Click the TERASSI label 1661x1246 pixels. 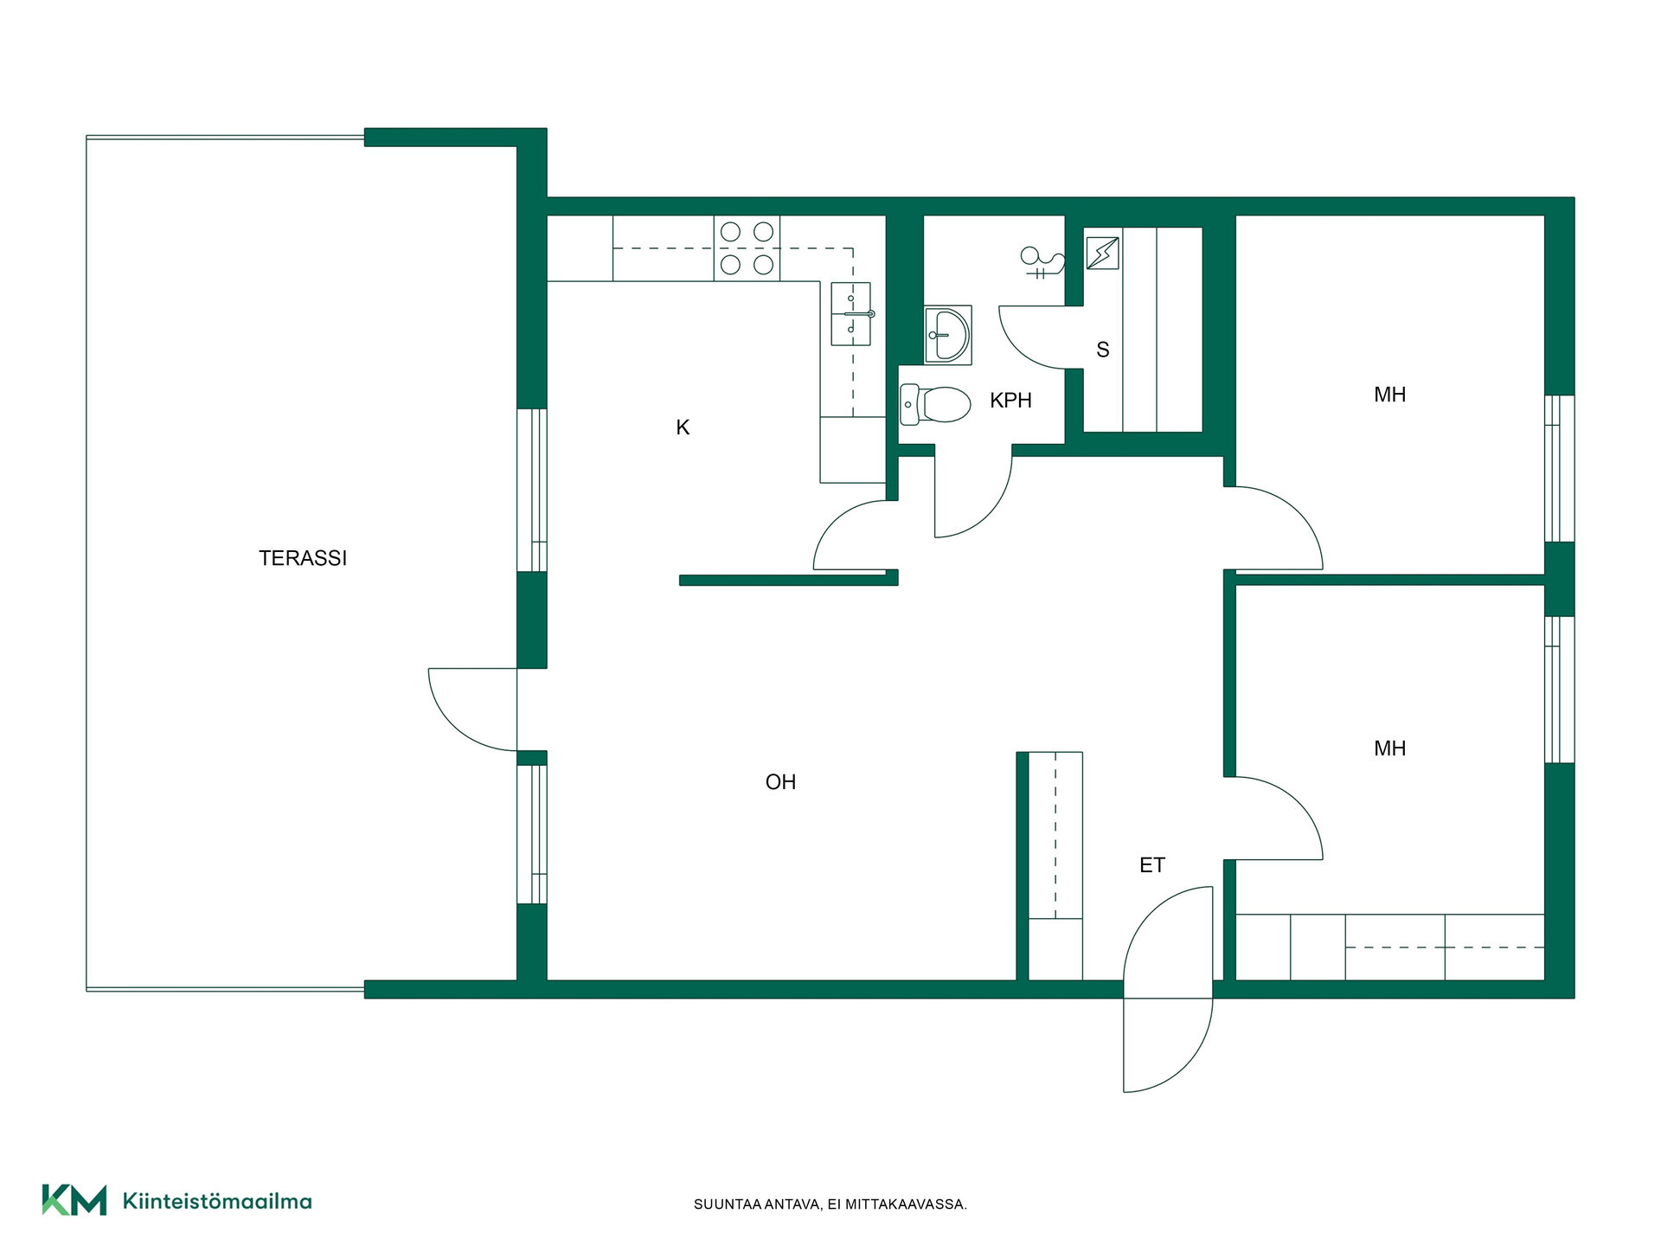[303, 558]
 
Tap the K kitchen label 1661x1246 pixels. [683, 427]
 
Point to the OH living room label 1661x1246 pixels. [780, 782]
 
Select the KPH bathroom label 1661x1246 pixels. [1011, 401]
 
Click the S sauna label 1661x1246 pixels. [1103, 350]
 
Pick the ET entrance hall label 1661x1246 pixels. [1152, 865]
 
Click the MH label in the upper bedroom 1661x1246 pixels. [1390, 395]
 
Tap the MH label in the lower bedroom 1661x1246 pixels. [1390, 748]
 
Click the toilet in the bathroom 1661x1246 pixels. [935, 404]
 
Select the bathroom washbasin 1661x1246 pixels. [948, 335]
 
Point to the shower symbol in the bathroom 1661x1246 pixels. [1042, 262]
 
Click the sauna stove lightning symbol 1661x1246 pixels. [1103, 254]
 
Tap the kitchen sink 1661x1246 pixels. [851, 313]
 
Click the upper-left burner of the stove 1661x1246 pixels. [731, 232]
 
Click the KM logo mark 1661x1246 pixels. [74, 1200]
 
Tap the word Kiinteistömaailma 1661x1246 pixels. [217, 1201]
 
